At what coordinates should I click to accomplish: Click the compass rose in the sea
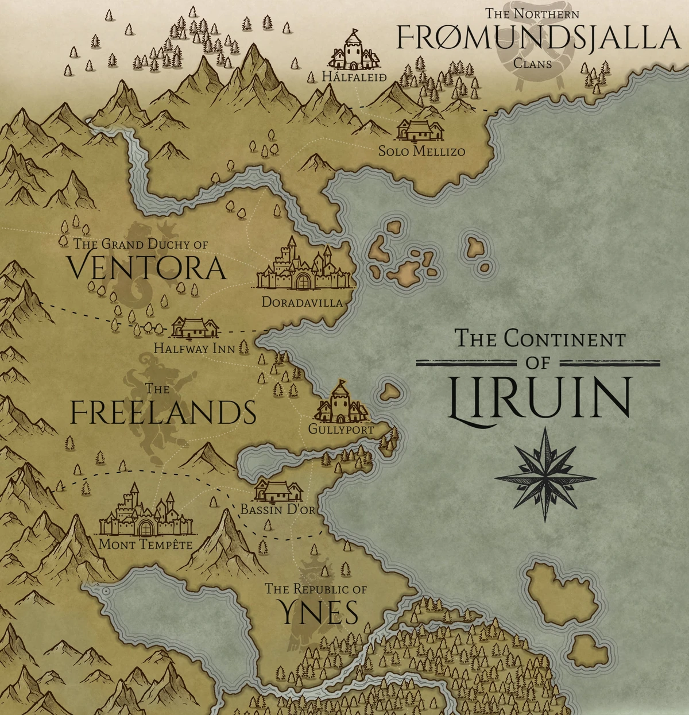[545, 477]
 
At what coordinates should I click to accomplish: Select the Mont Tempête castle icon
[146, 514]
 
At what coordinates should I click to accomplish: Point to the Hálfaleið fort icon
[353, 51]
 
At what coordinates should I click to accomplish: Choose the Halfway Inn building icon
[196, 328]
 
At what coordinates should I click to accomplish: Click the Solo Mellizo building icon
[420, 130]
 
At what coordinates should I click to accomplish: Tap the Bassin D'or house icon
[278, 490]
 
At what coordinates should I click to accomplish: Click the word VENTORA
[146, 268]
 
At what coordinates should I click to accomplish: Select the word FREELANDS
[163, 412]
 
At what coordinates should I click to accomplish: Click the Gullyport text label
[341, 429]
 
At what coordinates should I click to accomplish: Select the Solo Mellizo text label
[421, 152]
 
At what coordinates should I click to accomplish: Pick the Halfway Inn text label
[194, 348]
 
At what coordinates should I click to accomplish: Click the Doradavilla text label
[302, 302]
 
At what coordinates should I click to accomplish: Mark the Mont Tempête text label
[146, 543]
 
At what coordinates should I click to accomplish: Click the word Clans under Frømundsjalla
[532, 63]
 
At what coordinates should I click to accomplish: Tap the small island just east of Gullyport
[390, 392]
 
